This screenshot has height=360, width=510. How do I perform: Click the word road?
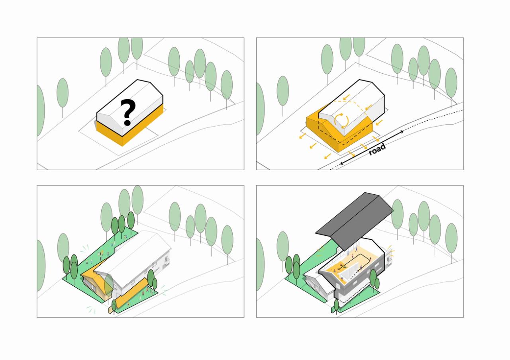click(377, 149)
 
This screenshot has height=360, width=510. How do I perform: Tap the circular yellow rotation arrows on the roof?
click(341, 120)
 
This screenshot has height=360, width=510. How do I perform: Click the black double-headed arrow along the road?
click(372, 147)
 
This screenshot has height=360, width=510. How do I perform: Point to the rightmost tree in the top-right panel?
click(451, 83)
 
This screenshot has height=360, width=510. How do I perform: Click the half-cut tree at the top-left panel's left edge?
click(41, 111)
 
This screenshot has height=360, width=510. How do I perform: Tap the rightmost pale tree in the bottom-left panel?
click(227, 240)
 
